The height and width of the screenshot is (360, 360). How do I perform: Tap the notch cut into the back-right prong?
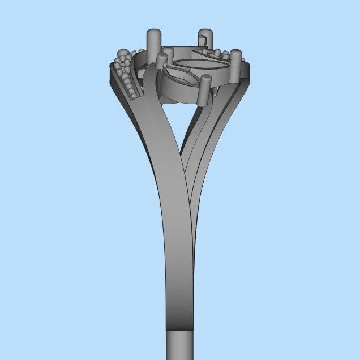pos(202,40)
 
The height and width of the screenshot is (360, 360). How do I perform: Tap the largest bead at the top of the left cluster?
pos(124,54)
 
